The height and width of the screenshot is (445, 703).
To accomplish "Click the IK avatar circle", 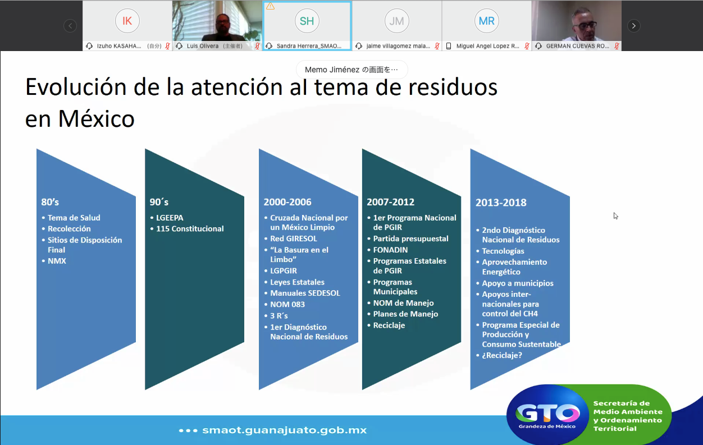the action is [x=127, y=21].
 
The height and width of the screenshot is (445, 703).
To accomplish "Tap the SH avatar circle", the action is [x=307, y=21].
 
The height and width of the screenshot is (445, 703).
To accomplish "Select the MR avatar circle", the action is [x=486, y=21].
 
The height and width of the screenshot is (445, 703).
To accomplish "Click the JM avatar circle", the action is [x=396, y=21].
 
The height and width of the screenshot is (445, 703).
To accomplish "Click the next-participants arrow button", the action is [x=633, y=26].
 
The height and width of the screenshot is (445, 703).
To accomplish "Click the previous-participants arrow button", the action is [x=70, y=26].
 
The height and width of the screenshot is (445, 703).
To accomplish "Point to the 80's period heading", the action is [x=50, y=202].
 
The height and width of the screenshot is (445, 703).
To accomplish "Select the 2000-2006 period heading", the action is [x=287, y=202].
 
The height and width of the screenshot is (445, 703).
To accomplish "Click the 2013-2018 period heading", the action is [x=501, y=203].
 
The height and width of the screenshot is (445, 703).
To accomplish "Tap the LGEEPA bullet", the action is [x=170, y=218].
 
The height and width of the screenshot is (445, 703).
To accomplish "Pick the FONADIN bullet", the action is [x=390, y=250].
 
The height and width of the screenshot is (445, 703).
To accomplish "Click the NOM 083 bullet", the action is [x=287, y=304].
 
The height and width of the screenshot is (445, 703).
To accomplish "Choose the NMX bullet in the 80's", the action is [x=57, y=261].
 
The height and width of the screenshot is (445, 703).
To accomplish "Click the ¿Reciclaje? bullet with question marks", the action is [x=502, y=355].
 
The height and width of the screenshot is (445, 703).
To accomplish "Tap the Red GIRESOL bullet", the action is [x=294, y=238].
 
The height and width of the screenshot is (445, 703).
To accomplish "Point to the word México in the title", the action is [x=97, y=119].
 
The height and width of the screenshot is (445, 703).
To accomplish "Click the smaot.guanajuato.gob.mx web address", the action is [x=284, y=430].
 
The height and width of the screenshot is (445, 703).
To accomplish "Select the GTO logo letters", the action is [x=547, y=412].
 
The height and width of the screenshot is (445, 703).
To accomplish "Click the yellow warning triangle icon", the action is [x=270, y=6].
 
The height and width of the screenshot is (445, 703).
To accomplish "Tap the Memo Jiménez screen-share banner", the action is [x=351, y=70].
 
